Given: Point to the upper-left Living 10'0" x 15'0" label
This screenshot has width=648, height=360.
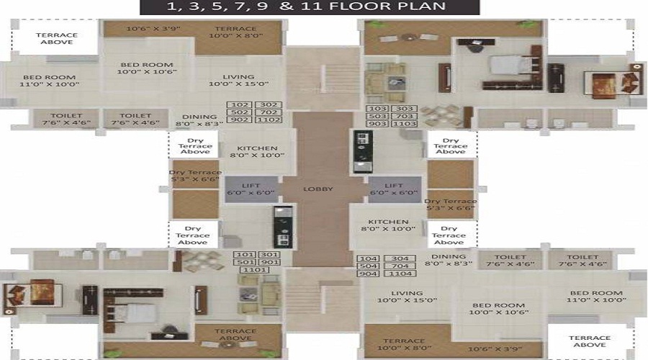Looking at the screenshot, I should pyautogui.click(x=238, y=81).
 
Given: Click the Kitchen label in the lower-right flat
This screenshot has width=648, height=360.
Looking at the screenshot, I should pyautogui.click(x=388, y=225).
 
